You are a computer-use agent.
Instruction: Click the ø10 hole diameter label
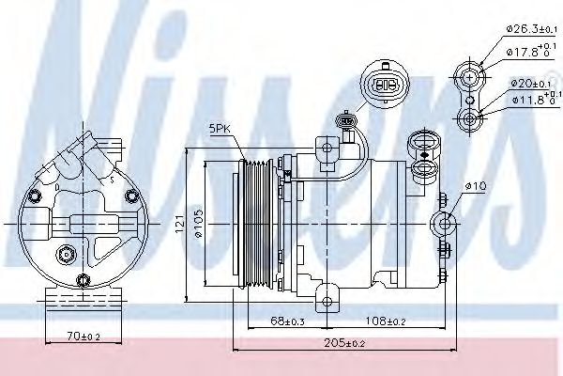click(x=475, y=187)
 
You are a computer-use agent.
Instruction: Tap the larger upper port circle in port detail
click(x=469, y=74)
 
